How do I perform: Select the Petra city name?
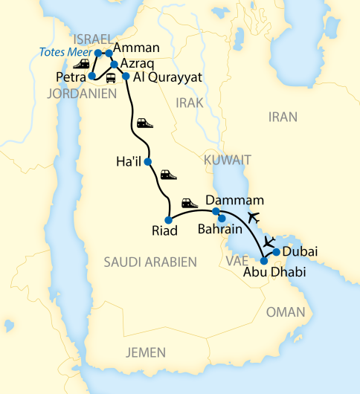coord(71,77)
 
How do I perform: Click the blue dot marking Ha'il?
coord(148,161)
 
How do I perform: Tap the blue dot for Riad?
coord(169,219)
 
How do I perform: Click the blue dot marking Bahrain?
coord(222,218)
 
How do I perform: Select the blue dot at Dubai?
coord(276,252)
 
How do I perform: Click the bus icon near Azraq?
coord(111,78)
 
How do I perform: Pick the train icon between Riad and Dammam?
coord(189,203)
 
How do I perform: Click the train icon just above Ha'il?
coord(145,123)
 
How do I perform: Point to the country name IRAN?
coord(282,117)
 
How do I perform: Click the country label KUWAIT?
coord(226,160)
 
